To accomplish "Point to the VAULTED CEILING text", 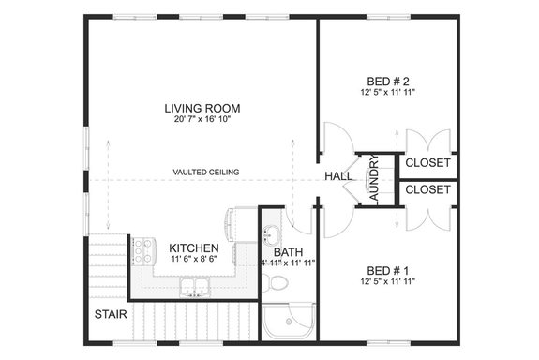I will point(205,172).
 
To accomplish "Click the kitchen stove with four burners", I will point(142,250).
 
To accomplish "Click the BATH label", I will point(287,252).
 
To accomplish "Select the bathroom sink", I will point(271,234).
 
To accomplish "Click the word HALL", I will point(338,176).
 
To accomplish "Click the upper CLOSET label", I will point(428,163).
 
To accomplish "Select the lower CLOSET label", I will point(428,189).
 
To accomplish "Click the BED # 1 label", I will point(386,269).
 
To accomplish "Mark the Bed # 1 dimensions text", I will point(386,281).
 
